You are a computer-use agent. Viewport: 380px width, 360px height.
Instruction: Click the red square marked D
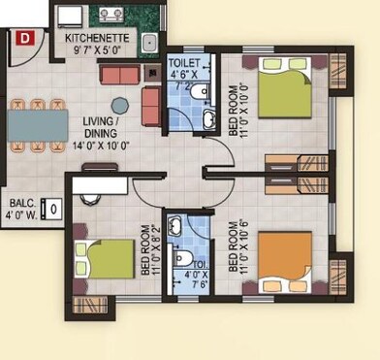pyautogui.click(x=25, y=38)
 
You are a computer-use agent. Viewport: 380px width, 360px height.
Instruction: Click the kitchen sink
pyautogui.click(x=150, y=44)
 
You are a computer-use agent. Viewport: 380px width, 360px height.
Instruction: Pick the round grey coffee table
pyautogui.click(x=119, y=105)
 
